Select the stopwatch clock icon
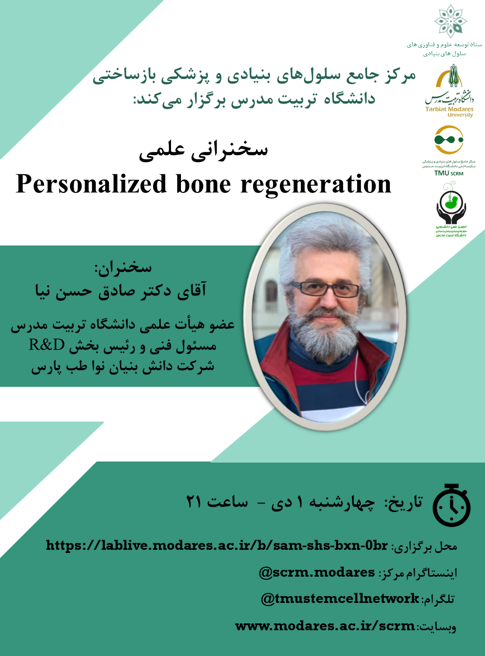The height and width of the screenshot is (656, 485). tap(451, 504)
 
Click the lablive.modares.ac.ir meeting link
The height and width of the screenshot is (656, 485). tap(216, 546)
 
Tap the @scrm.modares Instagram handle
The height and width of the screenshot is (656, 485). tap(317, 572)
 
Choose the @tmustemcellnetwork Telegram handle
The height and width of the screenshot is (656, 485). tap(340, 599)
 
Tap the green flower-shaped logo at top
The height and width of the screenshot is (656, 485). tap(450, 21)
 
